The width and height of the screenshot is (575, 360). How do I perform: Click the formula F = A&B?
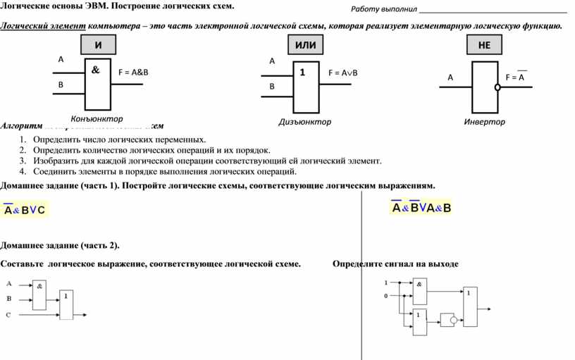(x=133, y=72)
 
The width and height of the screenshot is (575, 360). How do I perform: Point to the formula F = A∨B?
(x=343, y=73)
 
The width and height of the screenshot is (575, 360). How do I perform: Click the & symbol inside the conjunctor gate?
(x=95, y=70)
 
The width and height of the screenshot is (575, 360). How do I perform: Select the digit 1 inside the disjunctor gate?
(x=302, y=72)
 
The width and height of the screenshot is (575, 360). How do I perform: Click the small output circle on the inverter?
(x=497, y=87)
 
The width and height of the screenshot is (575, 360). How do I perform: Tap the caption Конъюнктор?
(x=97, y=118)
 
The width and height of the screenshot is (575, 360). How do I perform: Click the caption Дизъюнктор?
(x=304, y=122)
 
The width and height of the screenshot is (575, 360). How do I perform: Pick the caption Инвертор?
(x=484, y=122)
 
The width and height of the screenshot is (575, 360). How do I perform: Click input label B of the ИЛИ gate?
(x=272, y=87)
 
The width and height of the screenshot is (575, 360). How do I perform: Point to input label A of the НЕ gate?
(x=450, y=77)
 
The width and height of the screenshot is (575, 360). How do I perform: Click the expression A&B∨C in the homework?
(x=25, y=210)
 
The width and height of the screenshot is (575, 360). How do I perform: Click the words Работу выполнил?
(x=384, y=9)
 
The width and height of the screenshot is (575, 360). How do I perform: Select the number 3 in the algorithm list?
(x=23, y=161)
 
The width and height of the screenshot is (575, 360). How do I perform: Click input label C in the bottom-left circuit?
(x=9, y=315)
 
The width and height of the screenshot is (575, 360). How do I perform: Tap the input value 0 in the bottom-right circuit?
(x=385, y=296)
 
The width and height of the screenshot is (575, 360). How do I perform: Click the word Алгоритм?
(x=21, y=125)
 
